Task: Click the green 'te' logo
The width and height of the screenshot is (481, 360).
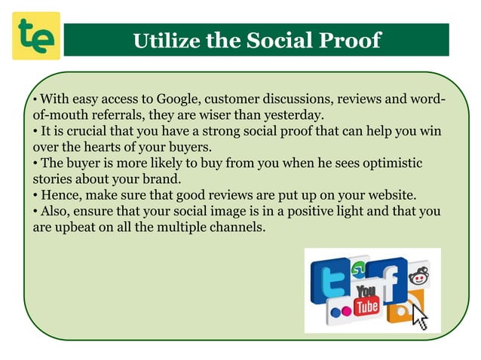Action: point(35,36)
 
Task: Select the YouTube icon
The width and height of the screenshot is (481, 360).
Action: point(367,299)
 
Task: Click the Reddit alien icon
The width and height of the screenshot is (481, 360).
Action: point(418,277)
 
